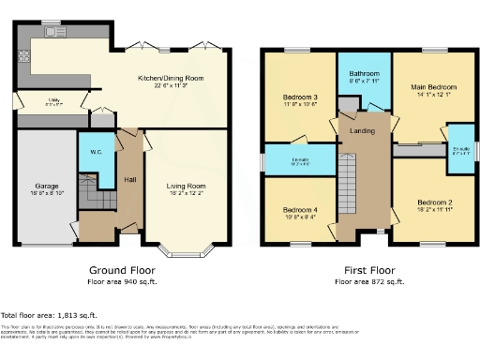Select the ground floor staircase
95,197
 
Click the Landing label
363,130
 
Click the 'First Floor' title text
368,270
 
